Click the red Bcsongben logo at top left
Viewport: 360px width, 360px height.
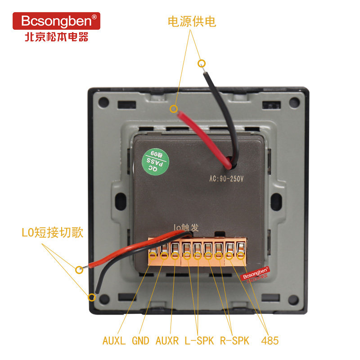click(x=56, y=21)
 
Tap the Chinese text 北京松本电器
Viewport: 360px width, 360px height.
click(x=56, y=36)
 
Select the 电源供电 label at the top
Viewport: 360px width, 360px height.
click(x=192, y=22)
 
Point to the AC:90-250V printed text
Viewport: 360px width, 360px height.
click(x=226, y=178)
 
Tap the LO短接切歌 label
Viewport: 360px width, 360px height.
click(x=52, y=233)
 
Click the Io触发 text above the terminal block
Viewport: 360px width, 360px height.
click(x=186, y=228)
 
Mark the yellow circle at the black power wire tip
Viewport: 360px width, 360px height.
click(x=202, y=63)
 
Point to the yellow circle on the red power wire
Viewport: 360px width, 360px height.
click(x=174, y=108)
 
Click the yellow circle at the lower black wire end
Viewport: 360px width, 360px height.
click(x=92, y=297)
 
